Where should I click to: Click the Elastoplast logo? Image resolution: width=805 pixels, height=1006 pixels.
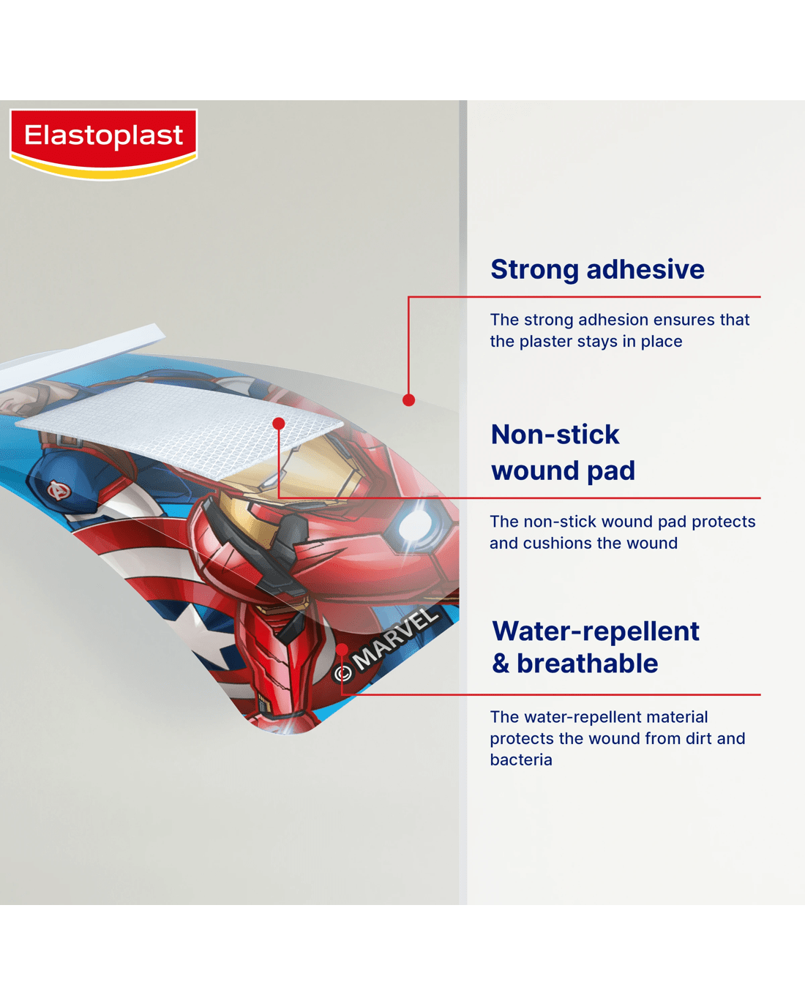point(103,143)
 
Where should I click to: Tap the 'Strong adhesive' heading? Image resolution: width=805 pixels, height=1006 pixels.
point(597,269)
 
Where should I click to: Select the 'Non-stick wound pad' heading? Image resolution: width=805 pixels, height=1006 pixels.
point(563,452)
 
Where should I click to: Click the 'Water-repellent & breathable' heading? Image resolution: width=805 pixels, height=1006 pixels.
point(596,647)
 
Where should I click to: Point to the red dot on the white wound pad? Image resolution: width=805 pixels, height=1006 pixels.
point(279,424)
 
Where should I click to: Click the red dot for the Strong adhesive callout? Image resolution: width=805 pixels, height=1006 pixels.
point(409,399)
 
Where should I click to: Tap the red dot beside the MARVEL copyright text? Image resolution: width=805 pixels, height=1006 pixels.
point(342,649)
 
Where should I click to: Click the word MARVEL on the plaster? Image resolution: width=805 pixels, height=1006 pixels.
point(396,639)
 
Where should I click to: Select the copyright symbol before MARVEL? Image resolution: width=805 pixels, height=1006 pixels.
point(343,672)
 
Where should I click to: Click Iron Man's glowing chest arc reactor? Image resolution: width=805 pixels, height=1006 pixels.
point(416,525)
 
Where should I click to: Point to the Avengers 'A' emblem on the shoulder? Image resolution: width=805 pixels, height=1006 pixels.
point(59,491)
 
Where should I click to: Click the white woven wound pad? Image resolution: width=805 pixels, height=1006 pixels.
point(180,429)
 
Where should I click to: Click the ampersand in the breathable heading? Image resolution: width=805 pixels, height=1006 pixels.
point(501,664)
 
